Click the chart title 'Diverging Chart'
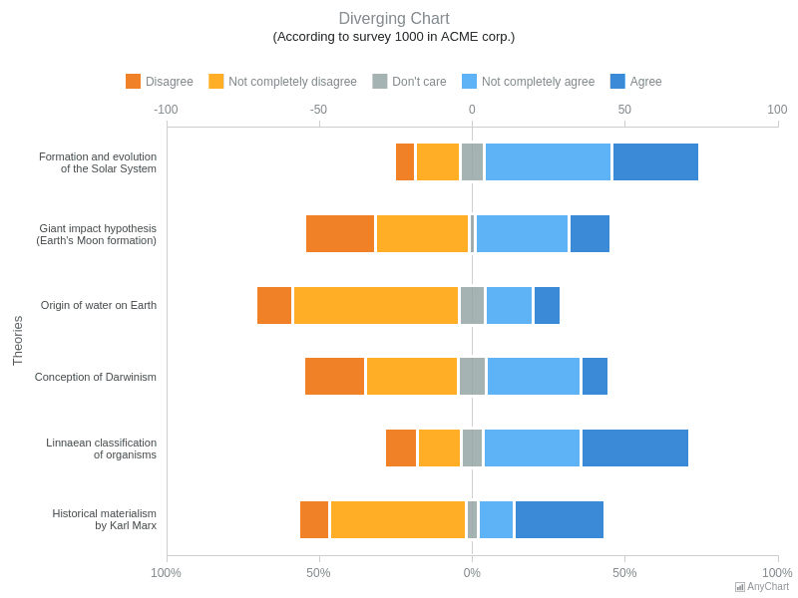[x=394, y=19]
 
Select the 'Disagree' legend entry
[x=160, y=82]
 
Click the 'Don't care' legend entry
[x=410, y=82]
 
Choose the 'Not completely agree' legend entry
[x=529, y=82]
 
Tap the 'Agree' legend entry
[x=636, y=82]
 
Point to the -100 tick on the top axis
[x=166, y=110]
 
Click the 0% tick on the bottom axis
[x=472, y=573]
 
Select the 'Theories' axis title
[x=17, y=341]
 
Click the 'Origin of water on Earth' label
[x=99, y=305]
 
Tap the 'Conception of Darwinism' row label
[x=96, y=377]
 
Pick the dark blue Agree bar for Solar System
[x=655, y=162]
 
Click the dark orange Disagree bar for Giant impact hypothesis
[x=340, y=234]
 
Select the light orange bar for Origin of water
[x=376, y=306]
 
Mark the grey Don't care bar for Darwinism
[x=472, y=377]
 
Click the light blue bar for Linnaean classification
[x=532, y=448]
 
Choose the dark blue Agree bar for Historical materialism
[x=560, y=520]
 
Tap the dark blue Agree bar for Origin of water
[x=547, y=306]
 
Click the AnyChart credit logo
[x=762, y=587]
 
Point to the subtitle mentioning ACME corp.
[x=394, y=37]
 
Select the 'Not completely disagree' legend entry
[x=282, y=82]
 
